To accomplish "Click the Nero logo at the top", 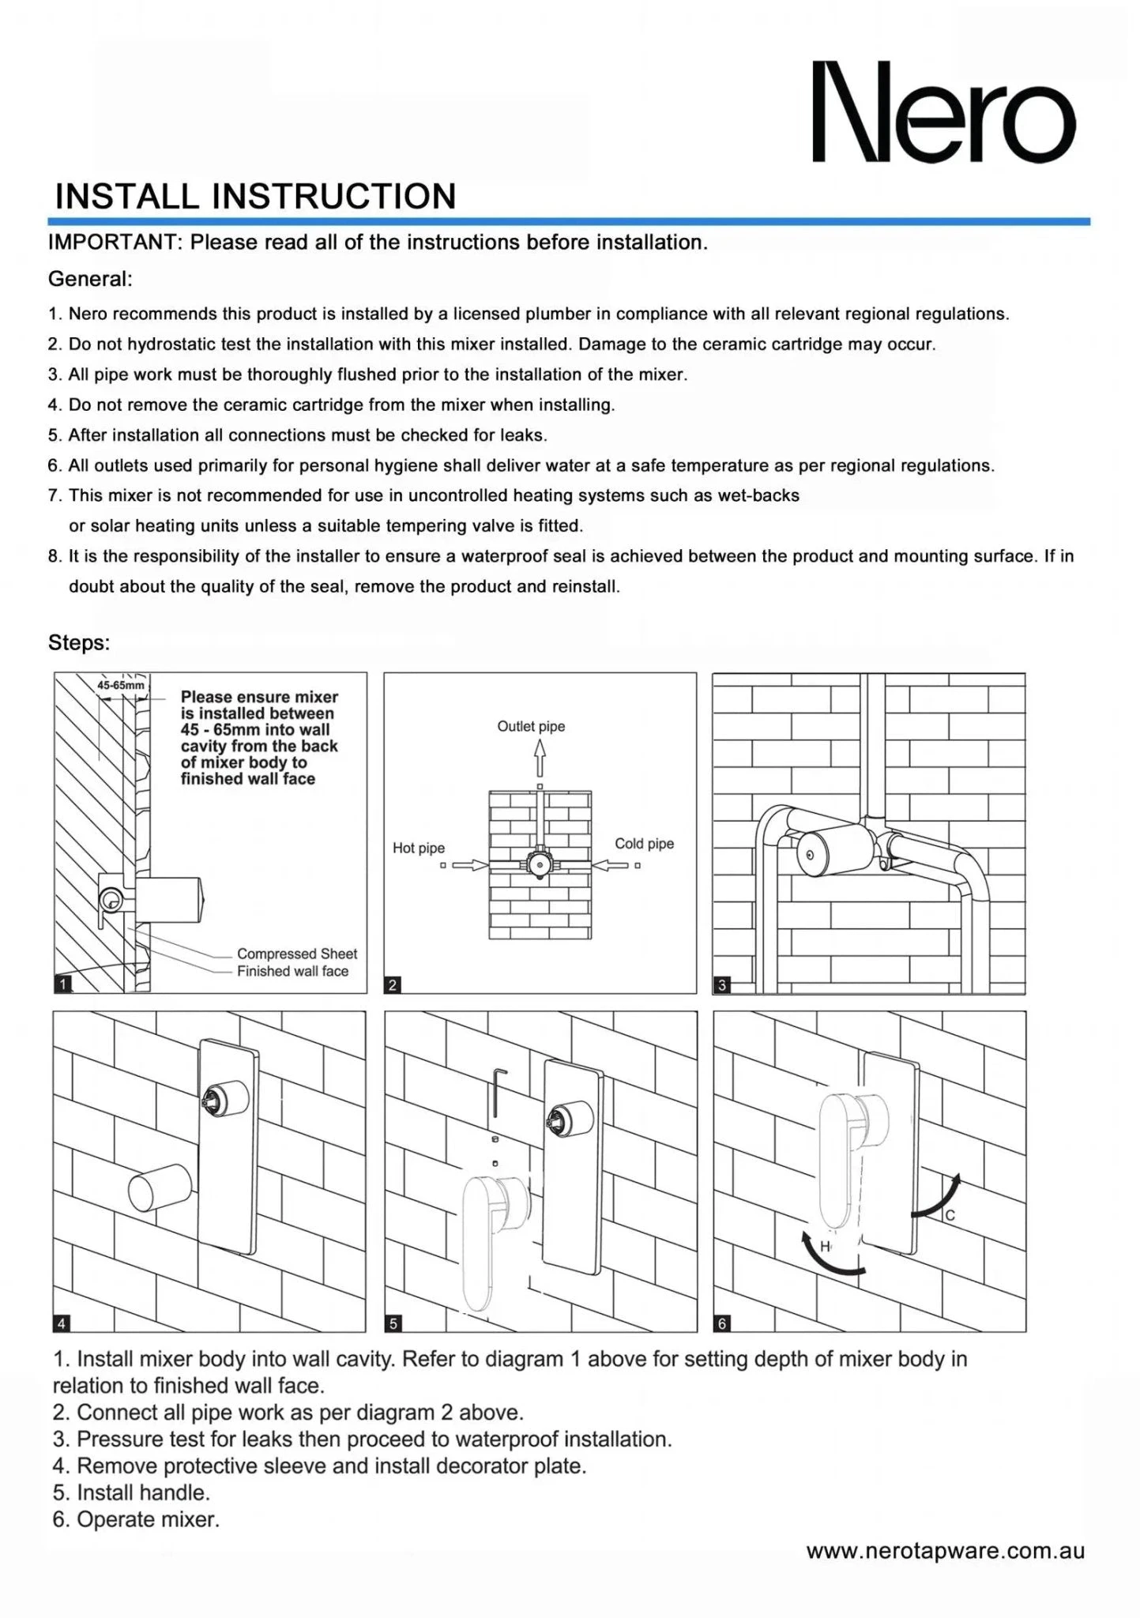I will [944, 111].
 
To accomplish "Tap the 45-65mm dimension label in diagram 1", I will [120, 686].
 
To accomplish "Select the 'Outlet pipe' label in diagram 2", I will [531, 726].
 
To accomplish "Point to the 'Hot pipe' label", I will [419, 848].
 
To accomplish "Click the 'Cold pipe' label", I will [644, 844].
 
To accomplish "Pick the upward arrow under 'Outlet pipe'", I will [540, 760].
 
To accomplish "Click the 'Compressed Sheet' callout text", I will [297, 954].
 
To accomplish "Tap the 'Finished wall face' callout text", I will [292, 971].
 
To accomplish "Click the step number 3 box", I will [721, 984].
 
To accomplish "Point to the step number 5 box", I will [393, 1323].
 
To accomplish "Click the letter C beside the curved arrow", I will [950, 1215].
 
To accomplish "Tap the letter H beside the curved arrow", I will [825, 1246].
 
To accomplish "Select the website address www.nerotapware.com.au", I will [945, 1551].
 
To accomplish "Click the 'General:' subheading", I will [90, 279].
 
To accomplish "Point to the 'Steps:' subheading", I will [79, 642].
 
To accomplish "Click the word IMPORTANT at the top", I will [115, 243].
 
